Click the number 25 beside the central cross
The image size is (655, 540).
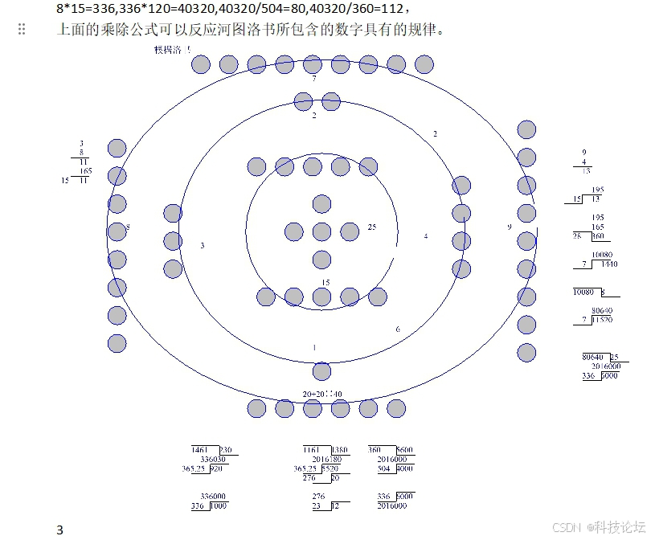click(x=371, y=227)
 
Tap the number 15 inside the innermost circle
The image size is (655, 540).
click(x=325, y=282)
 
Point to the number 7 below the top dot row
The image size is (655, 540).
click(x=313, y=79)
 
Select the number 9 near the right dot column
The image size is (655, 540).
click(x=509, y=227)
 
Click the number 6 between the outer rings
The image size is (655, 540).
click(x=397, y=329)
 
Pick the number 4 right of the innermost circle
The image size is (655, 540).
click(x=425, y=236)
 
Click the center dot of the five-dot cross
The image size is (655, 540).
click(x=321, y=232)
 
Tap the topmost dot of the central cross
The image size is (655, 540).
click(x=321, y=204)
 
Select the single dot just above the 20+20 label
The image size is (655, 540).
click(x=321, y=371)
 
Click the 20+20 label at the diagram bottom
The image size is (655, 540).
click(x=321, y=394)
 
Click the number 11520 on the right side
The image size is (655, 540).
click(x=602, y=320)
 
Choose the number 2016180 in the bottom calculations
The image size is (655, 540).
click(x=326, y=459)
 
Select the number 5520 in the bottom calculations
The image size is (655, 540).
click(x=330, y=468)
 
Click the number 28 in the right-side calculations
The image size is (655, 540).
click(x=576, y=236)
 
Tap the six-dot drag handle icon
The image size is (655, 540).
click(x=22, y=30)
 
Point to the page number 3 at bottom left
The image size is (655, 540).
click(x=59, y=529)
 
